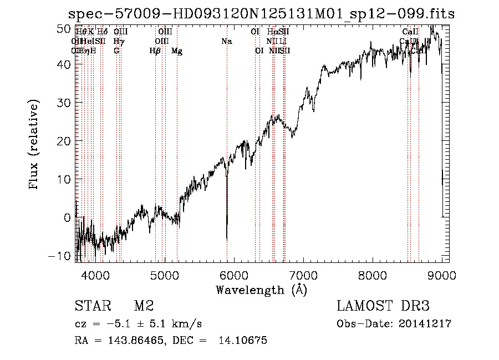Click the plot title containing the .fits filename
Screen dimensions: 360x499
(x=261, y=14)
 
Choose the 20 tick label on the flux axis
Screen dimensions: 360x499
(x=64, y=141)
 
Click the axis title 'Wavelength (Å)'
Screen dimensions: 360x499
(x=261, y=289)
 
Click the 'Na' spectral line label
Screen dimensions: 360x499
(x=226, y=41)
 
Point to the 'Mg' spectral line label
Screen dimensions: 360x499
(x=177, y=51)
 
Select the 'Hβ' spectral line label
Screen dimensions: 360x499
(x=155, y=51)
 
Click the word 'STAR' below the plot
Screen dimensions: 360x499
(x=94, y=306)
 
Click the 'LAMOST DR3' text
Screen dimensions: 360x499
(x=383, y=306)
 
